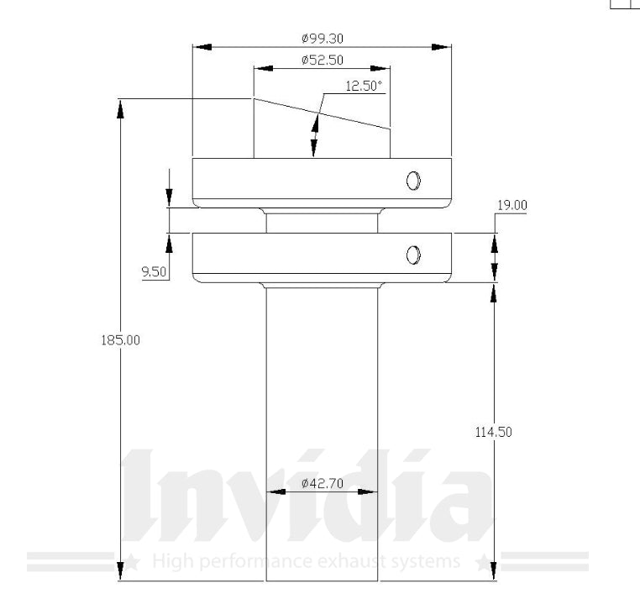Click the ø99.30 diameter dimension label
pyautogui.click(x=321, y=38)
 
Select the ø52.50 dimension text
pyautogui.click(x=321, y=60)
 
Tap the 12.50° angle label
pyautogui.click(x=364, y=86)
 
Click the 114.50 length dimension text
pyautogui.click(x=494, y=431)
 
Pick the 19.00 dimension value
pyautogui.click(x=512, y=205)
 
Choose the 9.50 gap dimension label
pyautogui.click(x=155, y=271)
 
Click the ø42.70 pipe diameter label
pyautogui.click(x=320, y=483)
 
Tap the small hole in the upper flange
pyautogui.click(x=413, y=180)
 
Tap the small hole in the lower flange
pyautogui.click(x=413, y=255)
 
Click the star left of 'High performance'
pyautogui.click(x=132, y=561)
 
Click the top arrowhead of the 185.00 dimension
pyautogui.click(x=121, y=108)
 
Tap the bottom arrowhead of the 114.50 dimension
pyautogui.click(x=494, y=571)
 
